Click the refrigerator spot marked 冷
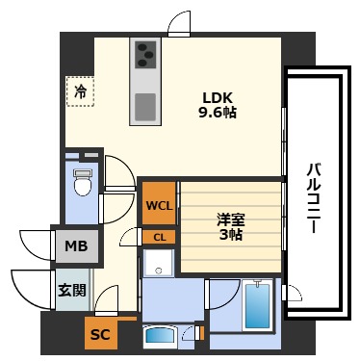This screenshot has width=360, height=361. point(80,92)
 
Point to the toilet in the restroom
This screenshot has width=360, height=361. point(82,182)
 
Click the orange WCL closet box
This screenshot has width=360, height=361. point(159,205)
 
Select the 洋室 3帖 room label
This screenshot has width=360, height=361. point(231,225)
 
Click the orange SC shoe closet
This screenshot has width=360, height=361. point(99,334)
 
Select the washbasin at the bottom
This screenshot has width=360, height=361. point(160,337)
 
